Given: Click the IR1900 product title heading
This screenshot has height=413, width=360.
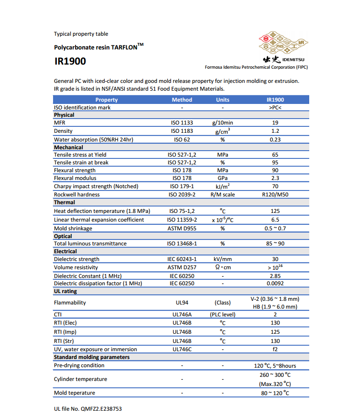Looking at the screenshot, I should (70, 61).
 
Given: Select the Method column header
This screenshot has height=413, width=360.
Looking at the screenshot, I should (182, 99).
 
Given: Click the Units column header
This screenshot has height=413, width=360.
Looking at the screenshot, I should (223, 99).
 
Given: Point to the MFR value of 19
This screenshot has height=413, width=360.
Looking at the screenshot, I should (275, 123).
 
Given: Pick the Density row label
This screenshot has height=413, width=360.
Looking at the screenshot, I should (63, 131).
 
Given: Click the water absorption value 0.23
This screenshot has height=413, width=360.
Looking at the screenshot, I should (275, 139).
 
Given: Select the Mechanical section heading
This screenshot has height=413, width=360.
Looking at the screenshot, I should (69, 147).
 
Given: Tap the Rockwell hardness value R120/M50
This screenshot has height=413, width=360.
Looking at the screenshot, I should (275, 194).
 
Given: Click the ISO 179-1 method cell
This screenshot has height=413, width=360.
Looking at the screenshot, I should (182, 186).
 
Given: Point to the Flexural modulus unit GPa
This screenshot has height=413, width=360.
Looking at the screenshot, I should (223, 178).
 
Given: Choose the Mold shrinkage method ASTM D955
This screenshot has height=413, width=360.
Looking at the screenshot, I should (182, 228).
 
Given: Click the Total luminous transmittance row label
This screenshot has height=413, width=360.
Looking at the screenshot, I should (90, 244).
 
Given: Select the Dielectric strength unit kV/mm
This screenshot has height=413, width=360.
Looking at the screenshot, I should (223, 259).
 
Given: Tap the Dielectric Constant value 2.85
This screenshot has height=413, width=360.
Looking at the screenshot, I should (275, 276).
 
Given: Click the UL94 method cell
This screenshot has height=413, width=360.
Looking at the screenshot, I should (182, 303).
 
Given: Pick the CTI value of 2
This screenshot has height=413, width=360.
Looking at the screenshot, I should (275, 315).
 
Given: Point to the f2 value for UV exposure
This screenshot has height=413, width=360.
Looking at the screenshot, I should (275, 349).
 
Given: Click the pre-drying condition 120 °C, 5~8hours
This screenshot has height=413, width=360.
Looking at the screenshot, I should (275, 365).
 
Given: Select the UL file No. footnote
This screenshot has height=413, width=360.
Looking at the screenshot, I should (88, 408).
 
